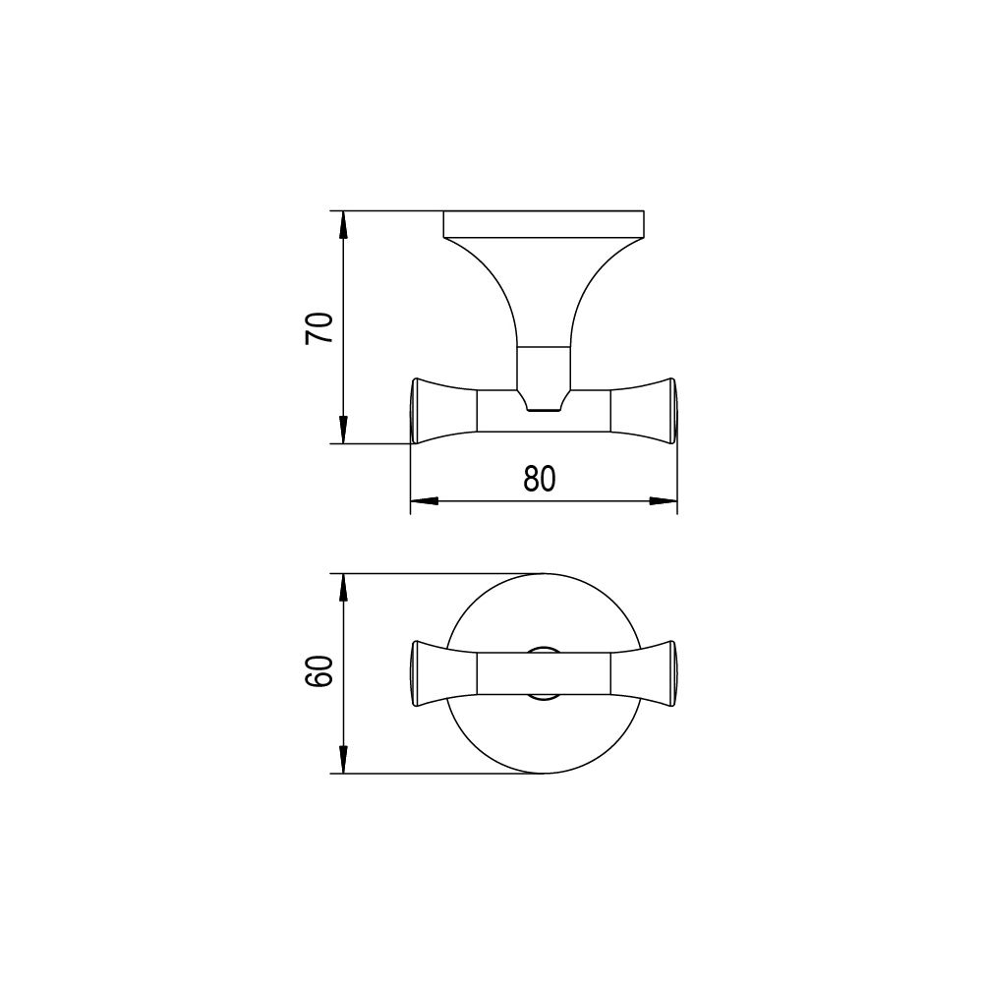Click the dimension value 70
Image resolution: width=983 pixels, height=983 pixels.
click(x=318, y=328)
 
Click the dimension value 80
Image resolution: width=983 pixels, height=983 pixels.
click(x=539, y=479)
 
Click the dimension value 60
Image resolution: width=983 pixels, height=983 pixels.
click(x=318, y=671)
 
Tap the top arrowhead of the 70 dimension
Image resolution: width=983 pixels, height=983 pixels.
click(x=342, y=224)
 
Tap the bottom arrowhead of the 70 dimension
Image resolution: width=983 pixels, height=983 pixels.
click(x=342, y=431)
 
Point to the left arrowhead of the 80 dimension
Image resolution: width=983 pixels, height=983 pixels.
click(x=424, y=500)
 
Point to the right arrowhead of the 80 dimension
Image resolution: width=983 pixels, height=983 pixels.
click(x=664, y=500)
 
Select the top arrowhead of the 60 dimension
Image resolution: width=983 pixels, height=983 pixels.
click(x=342, y=587)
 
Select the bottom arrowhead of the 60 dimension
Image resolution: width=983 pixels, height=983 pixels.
click(x=342, y=760)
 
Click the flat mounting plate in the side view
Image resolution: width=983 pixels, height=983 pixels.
click(x=544, y=224)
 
